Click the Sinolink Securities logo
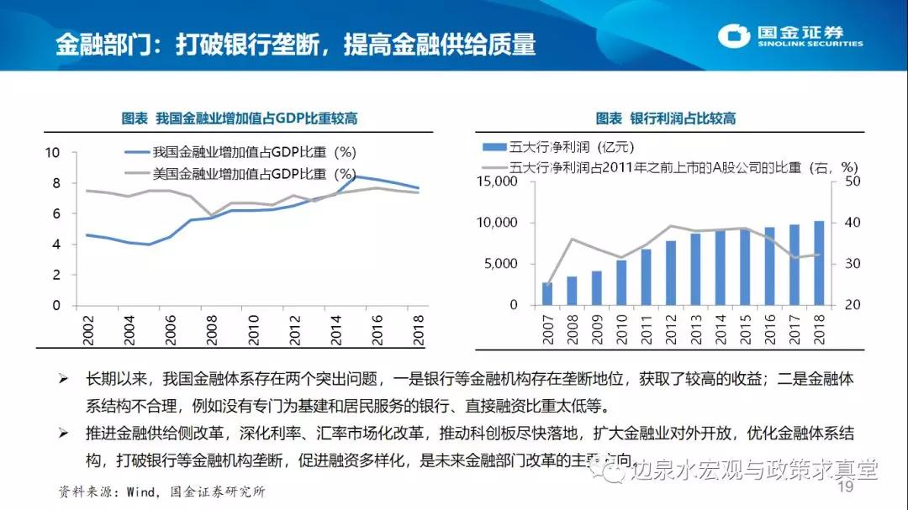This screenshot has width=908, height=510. point(791,37)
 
